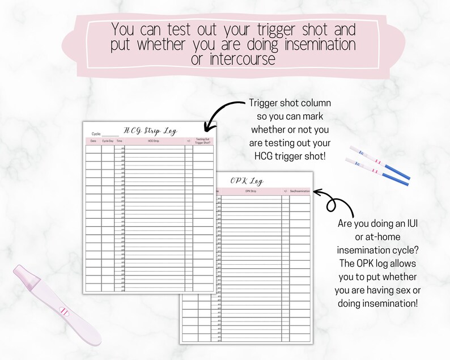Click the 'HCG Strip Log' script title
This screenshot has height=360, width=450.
pyautogui.click(x=150, y=131)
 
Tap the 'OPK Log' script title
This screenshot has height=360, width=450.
pyautogui.click(x=247, y=181)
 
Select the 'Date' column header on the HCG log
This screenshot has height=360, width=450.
pyautogui.click(x=94, y=141)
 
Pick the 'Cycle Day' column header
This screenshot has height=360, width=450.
pyautogui.click(x=108, y=141)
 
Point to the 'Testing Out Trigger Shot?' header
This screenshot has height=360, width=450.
pyautogui.click(x=203, y=141)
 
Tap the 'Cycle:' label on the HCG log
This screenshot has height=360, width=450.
pyautogui.click(x=96, y=134)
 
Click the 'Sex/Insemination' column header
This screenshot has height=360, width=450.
pyautogui.click(x=300, y=191)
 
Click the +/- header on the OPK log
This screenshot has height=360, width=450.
pyautogui.click(x=285, y=191)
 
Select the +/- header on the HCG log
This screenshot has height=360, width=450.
pyautogui.click(x=189, y=141)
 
